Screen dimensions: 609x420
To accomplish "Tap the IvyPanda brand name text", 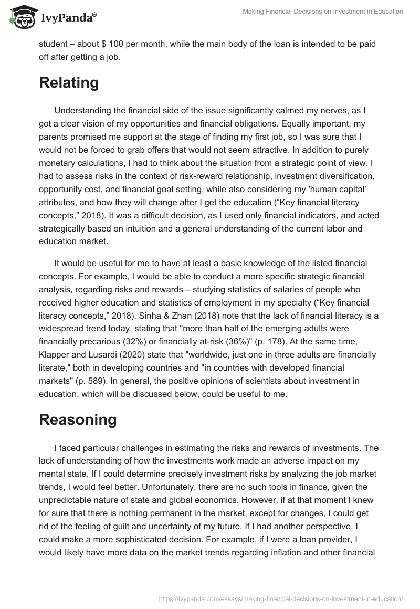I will (67, 18).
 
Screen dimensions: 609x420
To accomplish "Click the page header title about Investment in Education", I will (323, 12).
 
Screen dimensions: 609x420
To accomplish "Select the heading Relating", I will (69, 83).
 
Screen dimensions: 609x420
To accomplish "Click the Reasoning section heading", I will (78, 419).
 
